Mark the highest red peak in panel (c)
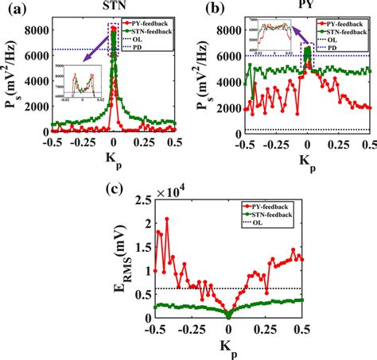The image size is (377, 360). click(166, 219)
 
